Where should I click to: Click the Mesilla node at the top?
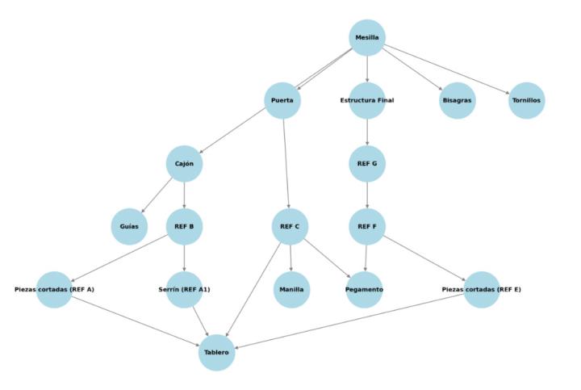[367, 38]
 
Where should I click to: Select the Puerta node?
[282, 101]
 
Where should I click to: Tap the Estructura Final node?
[367, 101]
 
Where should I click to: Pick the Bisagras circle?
[458, 101]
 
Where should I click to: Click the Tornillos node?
[527, 101]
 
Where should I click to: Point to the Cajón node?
[184, 164]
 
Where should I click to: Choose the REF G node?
[367, 164]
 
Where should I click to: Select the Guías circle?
[129, 227]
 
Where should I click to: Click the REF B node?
[184, 227]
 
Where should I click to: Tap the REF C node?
[290, 227]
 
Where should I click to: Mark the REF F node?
[367, 227]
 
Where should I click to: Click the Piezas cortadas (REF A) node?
[55, 290]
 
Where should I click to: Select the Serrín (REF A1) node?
[184, 290]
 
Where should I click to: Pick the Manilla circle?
[291, 290]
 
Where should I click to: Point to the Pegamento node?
[365, 290]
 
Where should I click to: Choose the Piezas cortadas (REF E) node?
[482, 290]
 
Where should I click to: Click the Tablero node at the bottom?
[216, 353]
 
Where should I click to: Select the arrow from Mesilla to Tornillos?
[447, 69]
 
